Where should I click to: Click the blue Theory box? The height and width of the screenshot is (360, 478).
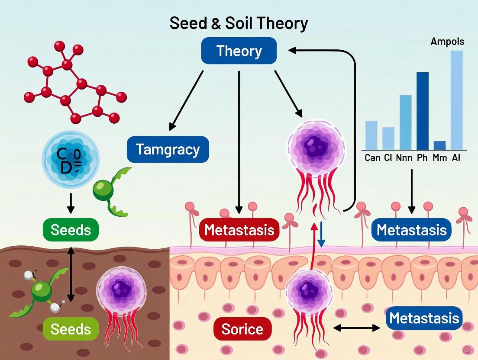(x=239, y=51)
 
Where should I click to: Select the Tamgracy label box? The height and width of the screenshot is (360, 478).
(x=168, y=150)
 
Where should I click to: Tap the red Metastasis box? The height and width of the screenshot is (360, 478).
(x=239, y=230)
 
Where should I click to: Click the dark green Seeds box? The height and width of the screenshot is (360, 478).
(x=71, y=230)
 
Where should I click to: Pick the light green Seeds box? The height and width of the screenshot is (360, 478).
(x=71, y=329)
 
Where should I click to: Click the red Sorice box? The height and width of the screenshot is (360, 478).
(x=242, y=329)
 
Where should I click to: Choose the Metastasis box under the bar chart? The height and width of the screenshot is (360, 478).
(x=411, y=230)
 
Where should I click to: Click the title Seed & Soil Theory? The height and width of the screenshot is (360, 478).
(x=239, y=23)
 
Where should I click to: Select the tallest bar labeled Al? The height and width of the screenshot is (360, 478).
(x=456, y=100)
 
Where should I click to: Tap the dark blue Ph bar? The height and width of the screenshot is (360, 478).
(x=423, y=111)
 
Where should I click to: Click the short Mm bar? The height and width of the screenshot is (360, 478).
(x=439, y=145)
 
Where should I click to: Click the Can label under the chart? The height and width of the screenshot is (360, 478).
(x=372, y=158)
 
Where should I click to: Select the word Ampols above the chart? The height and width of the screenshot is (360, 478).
(x=447, y=42)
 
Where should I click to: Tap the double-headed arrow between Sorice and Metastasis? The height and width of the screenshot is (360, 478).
(x=357, y=328)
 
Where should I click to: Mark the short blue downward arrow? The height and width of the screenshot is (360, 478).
(x=320, y=235)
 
